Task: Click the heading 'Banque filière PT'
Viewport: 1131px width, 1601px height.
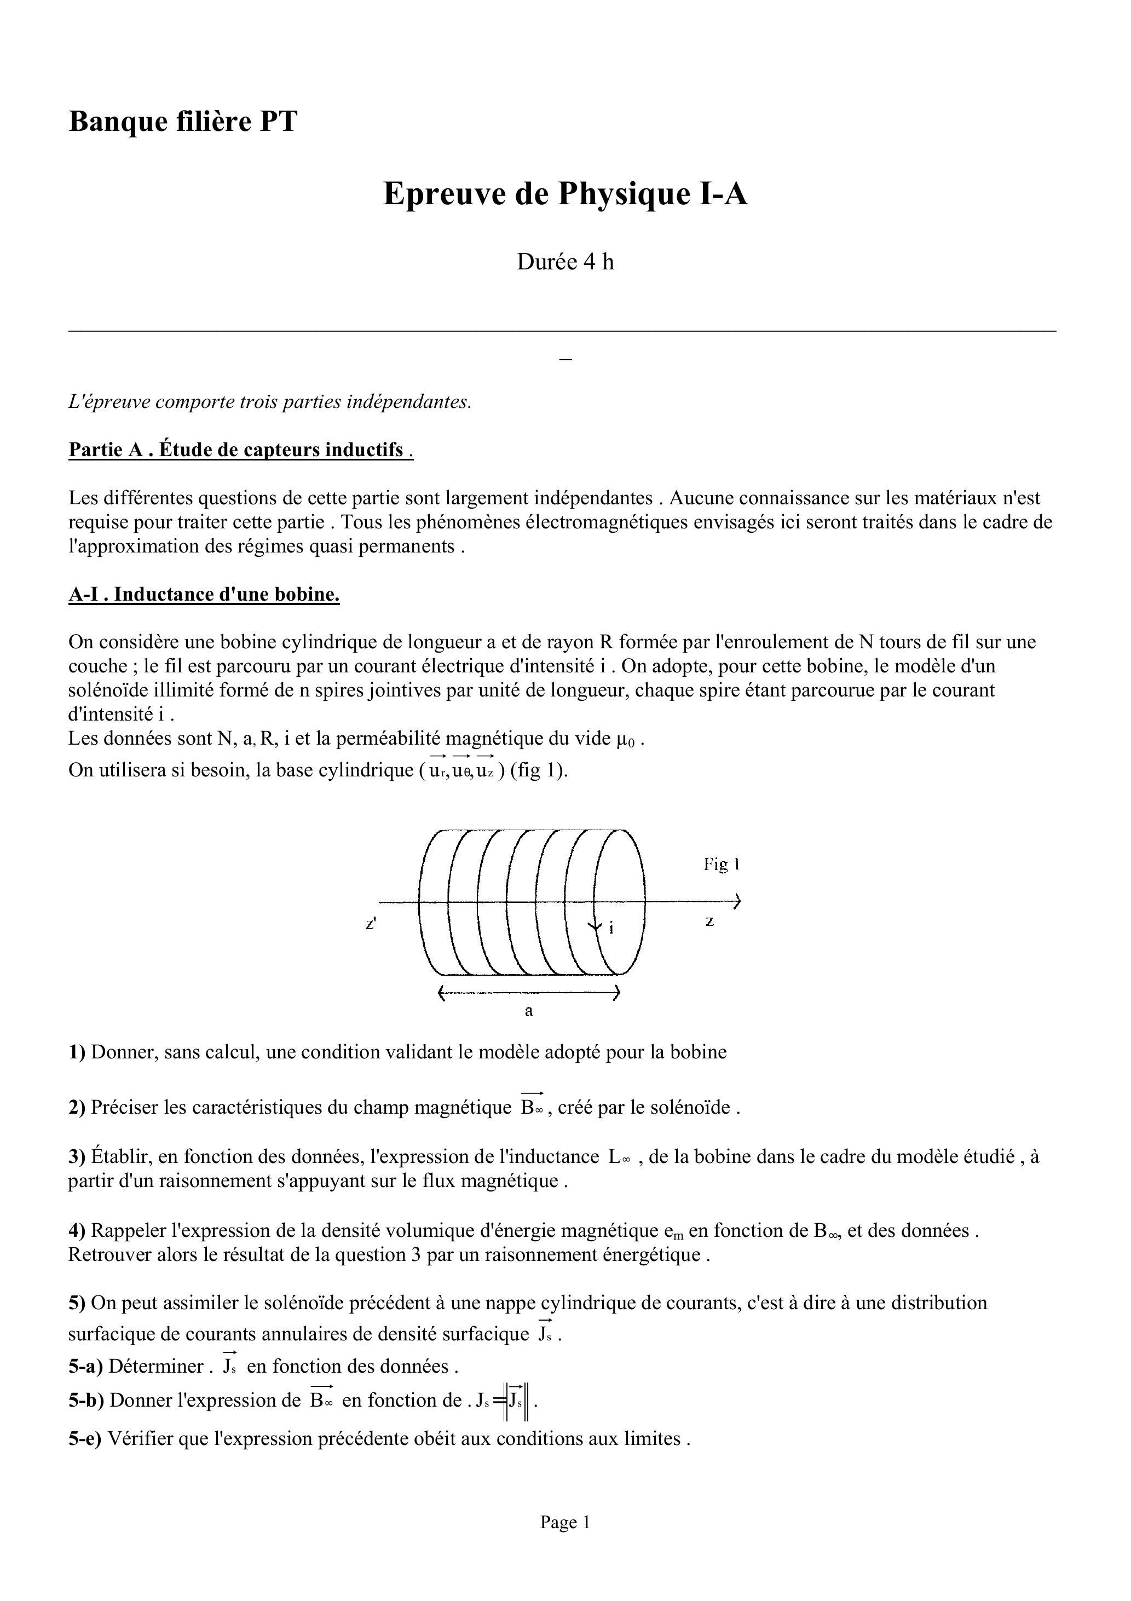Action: tap(183, 122)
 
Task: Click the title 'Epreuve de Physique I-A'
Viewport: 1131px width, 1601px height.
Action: tap(565, 193)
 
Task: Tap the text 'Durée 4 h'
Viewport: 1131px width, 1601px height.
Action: tap(565, 262)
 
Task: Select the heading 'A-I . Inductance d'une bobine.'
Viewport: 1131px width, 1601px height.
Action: tap(204, 594)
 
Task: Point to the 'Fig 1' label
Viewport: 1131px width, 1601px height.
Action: tap(721, 865)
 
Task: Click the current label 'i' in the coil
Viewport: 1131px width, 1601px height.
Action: tap(611, 928)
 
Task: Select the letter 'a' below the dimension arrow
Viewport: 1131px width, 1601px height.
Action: tap(528, 1010)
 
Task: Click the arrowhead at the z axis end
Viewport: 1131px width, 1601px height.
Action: tap(736, 902)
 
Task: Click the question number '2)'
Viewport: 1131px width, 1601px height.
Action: tap(77, 1107)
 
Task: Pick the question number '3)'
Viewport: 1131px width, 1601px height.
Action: tap(77, 1157)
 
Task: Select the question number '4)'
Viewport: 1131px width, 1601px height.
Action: tap(77, 1231)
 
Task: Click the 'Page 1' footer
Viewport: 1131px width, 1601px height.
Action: tap(565, 1522)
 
